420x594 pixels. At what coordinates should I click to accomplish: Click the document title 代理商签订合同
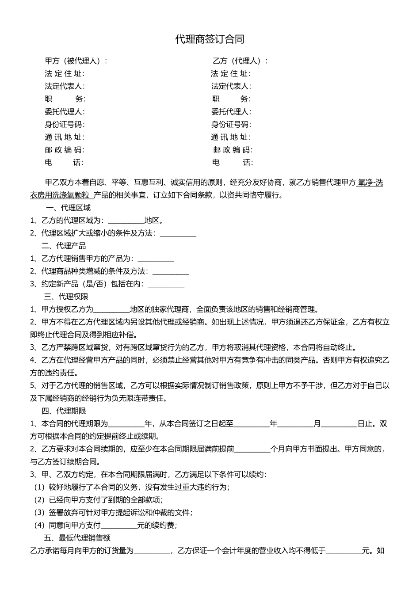[x=210, y=39]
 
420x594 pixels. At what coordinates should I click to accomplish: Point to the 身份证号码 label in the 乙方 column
[x=230, y=125]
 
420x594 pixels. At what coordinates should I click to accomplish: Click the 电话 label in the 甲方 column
[x=64, y=163]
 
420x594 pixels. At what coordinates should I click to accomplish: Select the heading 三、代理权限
[x=66, y=297]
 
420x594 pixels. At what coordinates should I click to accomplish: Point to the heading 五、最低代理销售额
[x=77, y=538]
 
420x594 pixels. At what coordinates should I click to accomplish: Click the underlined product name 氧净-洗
[x=370, y=183]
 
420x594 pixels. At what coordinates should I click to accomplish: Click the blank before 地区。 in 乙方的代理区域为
[x=126, y=221]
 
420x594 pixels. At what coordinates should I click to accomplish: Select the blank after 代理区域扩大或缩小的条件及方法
[x=178, y=234]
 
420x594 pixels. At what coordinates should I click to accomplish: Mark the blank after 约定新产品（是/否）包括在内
[x=166, y=285]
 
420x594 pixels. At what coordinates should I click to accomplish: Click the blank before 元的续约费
[x=119, y=526]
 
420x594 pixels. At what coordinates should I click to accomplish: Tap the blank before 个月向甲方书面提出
[x=252, y=449]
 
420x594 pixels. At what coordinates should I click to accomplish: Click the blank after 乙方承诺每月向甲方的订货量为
[x=152, y=551]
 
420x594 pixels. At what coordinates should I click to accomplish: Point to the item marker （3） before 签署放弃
[x=40, y=513]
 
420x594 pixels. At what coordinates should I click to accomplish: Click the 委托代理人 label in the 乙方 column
[x=230, y=112]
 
